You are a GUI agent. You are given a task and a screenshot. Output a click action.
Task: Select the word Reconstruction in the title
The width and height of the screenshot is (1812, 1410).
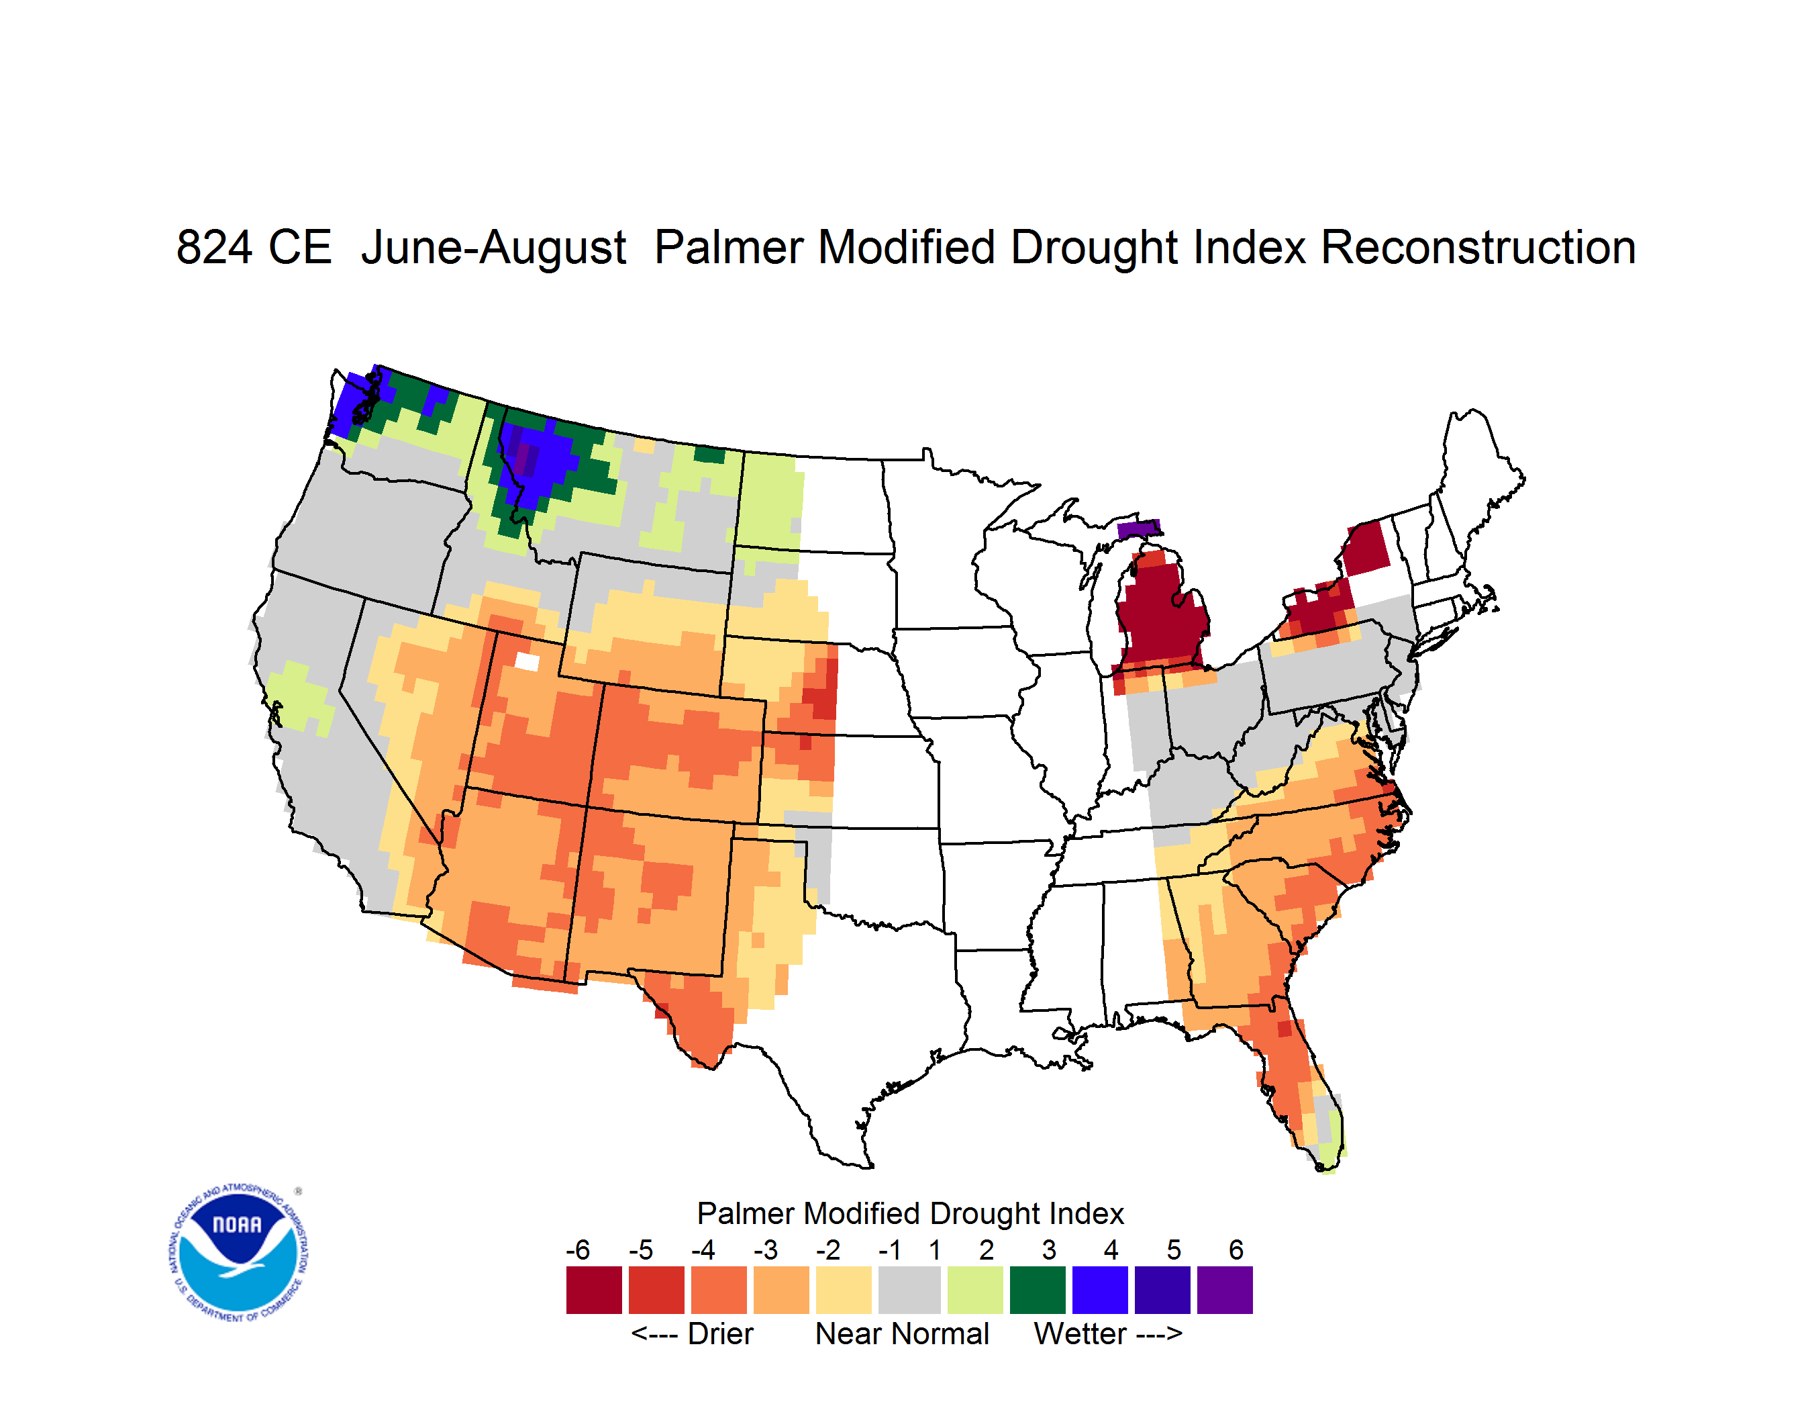coord(1478,247)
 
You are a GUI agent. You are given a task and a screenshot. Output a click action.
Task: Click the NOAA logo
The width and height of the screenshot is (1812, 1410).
coord(239,1253)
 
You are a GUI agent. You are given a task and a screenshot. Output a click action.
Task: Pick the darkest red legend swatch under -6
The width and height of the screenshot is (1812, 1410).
coord(594,1290)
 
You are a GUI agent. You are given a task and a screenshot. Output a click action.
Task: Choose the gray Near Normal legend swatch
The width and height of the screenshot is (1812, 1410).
coord(909,1290)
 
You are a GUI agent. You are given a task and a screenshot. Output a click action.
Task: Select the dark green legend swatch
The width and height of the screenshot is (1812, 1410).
coord(1037,1290)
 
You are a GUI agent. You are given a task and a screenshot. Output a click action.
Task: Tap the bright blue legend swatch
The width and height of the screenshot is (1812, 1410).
coord(1100,1290)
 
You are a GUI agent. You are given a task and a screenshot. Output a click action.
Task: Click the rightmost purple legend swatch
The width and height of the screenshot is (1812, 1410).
coord(1225,1290)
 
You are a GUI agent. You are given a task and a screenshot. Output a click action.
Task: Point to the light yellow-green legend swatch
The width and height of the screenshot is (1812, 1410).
coord(975,1290)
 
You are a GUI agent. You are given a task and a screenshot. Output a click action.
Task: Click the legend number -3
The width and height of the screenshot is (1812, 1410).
coord(766,1250)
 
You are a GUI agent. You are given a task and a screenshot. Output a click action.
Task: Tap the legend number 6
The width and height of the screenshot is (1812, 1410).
coord(1236,1250)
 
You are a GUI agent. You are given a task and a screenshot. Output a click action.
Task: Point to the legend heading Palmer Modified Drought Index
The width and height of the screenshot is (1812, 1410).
coord(910,1213)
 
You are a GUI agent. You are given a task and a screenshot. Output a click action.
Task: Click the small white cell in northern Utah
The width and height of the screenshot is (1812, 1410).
coord(527,661)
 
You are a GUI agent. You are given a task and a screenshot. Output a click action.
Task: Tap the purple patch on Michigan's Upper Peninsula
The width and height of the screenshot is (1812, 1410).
coord(1138,530)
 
